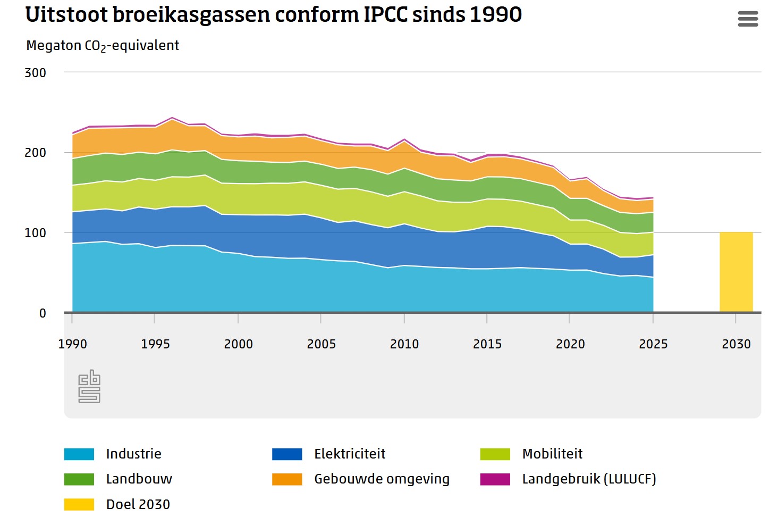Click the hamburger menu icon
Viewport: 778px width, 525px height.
[x=748, y=19]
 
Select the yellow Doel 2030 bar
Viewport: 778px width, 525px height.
[x=736, y=272]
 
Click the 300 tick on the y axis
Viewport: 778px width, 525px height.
[x=35, y=73]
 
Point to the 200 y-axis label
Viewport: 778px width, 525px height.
[x=35, y=153]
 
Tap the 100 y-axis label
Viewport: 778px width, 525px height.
[x=35, y=233]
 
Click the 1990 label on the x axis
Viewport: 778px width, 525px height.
[x=72, y=344]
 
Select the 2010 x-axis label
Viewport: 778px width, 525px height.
[x=404, y=344]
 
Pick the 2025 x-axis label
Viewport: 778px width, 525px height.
[x=653, y=344]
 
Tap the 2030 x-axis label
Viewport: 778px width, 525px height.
[x=736, y=344]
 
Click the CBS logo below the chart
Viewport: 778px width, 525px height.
[x=89, y=386]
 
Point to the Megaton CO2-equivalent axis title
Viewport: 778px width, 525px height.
[x=103, y=46]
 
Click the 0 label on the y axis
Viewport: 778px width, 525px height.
[x=43, y=313]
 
